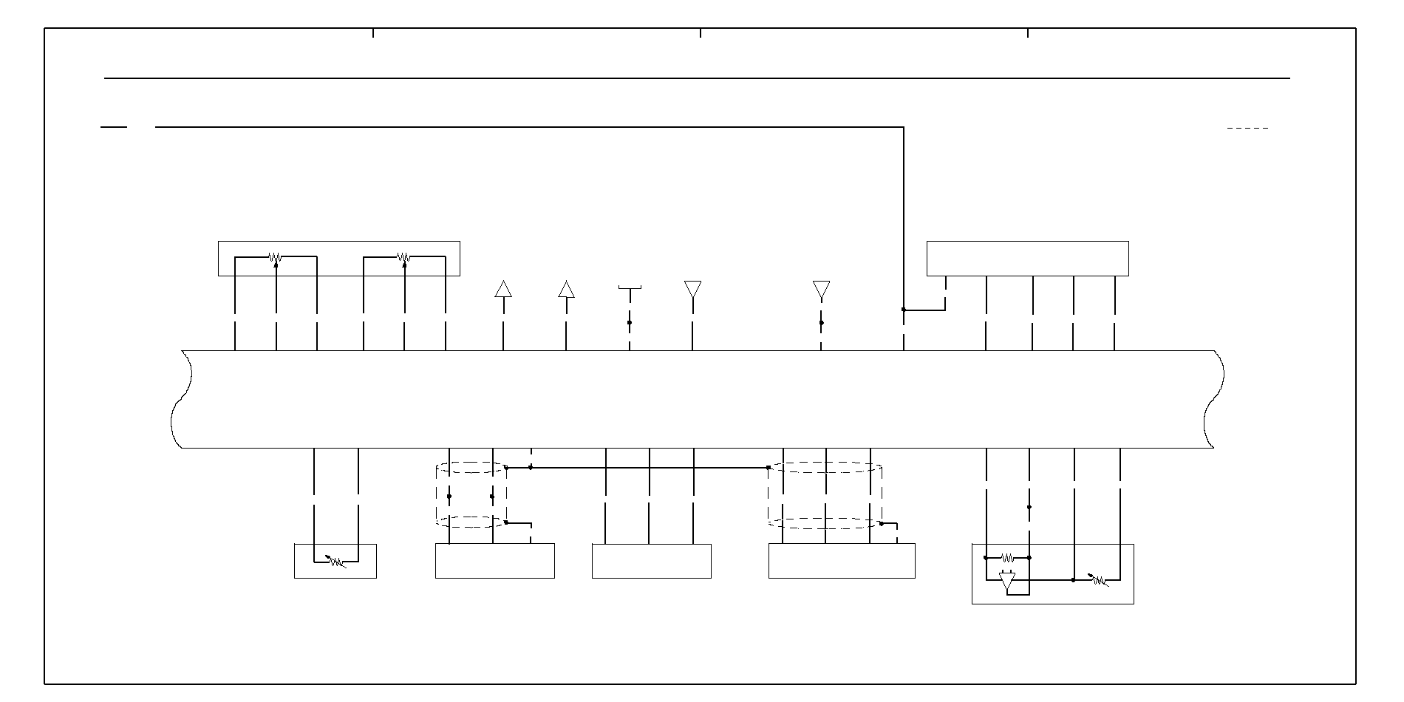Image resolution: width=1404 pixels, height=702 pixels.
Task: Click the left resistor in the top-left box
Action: (x=275, y=257)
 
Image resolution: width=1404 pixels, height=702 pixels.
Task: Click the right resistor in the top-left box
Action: (x=403, y=257)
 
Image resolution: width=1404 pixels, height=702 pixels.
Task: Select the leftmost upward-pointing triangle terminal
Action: (x=503, y=289)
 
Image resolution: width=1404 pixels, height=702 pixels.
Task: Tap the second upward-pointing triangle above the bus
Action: (x=566, y=289)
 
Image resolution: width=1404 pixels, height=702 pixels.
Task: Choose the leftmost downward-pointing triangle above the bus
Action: (x=692, y=289)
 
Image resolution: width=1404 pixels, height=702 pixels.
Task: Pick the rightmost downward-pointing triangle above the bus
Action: (x=821, y=289)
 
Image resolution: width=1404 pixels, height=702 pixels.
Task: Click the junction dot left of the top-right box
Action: (x=904, y=310)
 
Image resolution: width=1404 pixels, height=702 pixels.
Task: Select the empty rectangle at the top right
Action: (x=1027, y=259)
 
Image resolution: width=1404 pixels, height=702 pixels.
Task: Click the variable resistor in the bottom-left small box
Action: (x=336, y=562)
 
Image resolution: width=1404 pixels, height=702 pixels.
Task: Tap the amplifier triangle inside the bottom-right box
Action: (x=1007, y=581)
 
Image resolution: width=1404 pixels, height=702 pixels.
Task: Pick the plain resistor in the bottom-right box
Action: (x=1006, y=558)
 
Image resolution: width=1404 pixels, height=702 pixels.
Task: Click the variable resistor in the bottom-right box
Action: (x=1099, y=581)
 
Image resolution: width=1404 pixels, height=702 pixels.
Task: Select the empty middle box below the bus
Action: (x=651, y=561)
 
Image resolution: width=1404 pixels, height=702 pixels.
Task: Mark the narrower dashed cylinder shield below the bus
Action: (x=471, y=495)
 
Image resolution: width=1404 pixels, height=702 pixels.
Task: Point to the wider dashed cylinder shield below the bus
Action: (x=825, y=495)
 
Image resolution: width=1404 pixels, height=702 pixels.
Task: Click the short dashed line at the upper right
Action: (x=1247, y=129)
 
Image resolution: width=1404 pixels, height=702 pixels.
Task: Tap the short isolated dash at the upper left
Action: (x=114, y=127)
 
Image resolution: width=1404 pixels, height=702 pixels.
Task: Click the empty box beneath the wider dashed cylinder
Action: (x=842, y=561)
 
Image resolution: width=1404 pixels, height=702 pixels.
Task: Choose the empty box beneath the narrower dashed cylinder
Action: (x=494, y=561)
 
